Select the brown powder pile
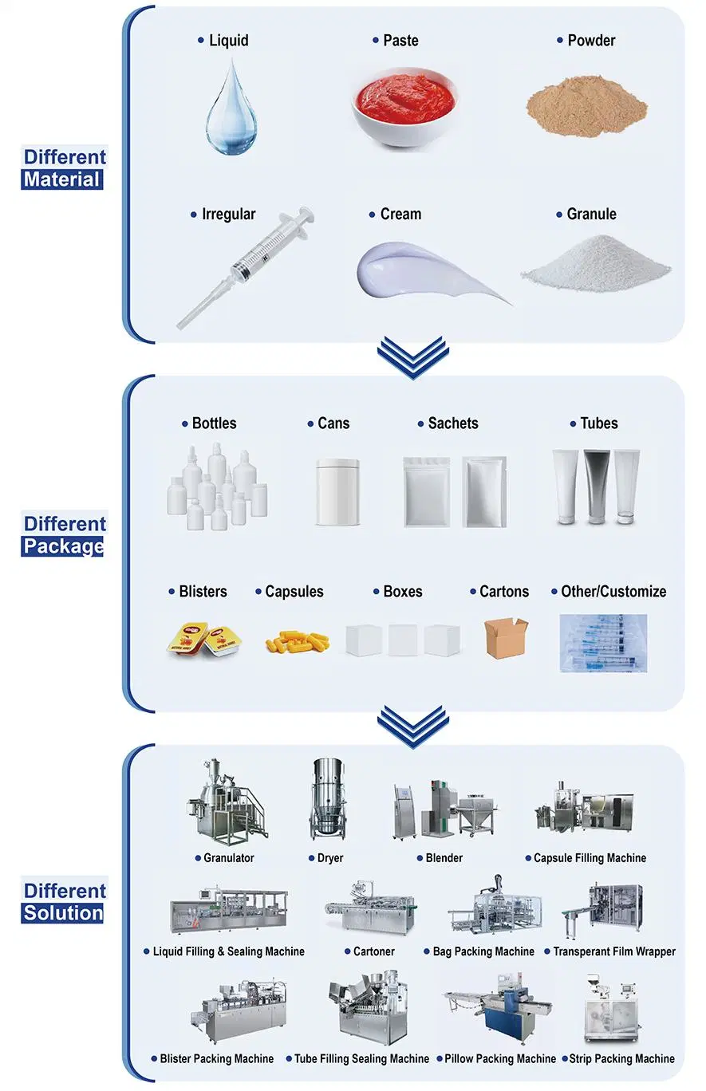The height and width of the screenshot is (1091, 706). pos(586,105)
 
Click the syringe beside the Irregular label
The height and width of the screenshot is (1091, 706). pos(245,267)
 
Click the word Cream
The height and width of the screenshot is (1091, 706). pos(400,214)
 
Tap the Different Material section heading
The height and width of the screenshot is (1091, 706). pos(64,168)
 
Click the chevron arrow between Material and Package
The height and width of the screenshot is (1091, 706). pos(412,357)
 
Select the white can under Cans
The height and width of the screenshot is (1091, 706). pos(337,492)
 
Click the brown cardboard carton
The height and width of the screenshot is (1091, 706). pos(506,637)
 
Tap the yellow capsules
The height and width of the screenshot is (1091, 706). pos(297,641)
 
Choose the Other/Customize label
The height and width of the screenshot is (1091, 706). pos(613,591)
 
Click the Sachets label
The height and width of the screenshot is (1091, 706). pos(453,423)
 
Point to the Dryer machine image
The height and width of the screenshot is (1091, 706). pos(328,799)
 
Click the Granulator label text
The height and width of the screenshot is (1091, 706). pos(228,857)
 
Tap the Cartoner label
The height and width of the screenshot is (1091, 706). pos(373,951)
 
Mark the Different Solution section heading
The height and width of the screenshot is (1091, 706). pos(64,902)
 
